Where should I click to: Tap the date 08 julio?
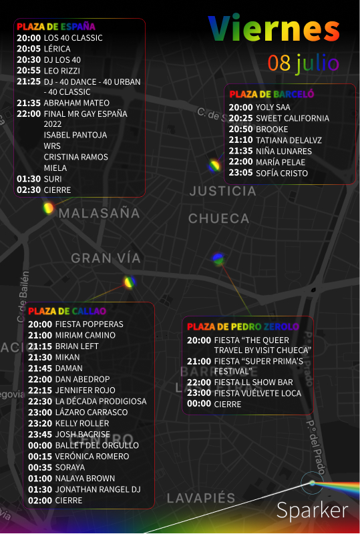(304, 63)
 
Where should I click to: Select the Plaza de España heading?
(56, 27)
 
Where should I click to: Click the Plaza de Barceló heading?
(272, 94)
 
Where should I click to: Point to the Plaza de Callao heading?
(67, 311)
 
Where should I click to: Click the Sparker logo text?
(312, 511)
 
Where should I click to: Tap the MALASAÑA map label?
(100, 214)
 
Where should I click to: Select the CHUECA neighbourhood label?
(219, 218)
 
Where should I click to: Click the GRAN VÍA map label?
(106, 258)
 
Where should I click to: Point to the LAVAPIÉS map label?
(201, 498)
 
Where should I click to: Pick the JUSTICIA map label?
(222, 191)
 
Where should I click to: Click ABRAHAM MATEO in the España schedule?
(76, 103)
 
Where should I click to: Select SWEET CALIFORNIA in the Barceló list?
(292, 118)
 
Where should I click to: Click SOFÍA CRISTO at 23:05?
(282, 173)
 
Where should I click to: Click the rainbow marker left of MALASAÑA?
(48, 208)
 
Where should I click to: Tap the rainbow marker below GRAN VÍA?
(129, 282)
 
